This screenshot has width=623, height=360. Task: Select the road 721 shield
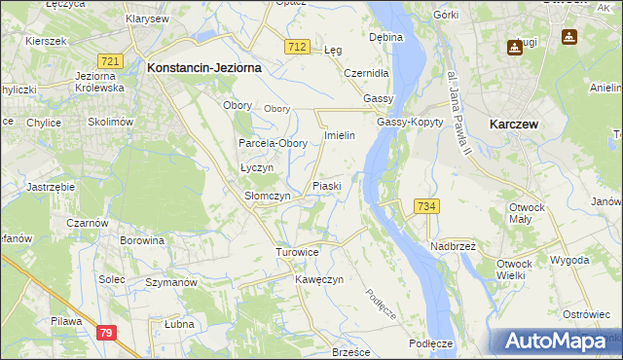click(110, 61)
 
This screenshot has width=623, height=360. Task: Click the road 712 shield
click(298, 47)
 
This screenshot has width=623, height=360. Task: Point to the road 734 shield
click(426, 206)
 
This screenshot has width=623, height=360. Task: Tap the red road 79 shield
click(107, 334)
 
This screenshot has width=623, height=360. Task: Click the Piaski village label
click(325, 185)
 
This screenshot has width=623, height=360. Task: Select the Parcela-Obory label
click(274, 143)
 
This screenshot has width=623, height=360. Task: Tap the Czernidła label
click(367, 73)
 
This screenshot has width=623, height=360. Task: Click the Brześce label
click(352, 351)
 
